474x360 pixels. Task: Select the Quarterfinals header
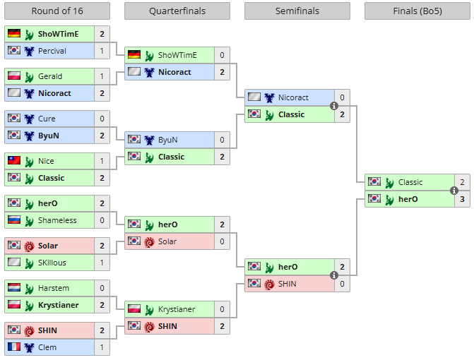(x=177, y=11)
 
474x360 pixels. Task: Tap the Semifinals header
(x=297, y=11)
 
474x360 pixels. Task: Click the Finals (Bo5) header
(x=417, y=11)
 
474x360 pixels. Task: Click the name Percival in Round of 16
(x=52, y=51)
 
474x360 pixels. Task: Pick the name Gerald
(x=51, y=76)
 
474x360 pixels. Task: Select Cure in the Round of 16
(x=47, y=119)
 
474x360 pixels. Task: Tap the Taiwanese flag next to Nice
(x=13, y=161)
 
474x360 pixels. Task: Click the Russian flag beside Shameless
(x=13, y=220)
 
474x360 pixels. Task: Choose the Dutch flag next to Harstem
(x=13, y=288)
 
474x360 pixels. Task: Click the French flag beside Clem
(x=13, y=347)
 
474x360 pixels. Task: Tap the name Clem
(x=48, y=347)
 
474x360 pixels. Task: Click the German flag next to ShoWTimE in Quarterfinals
(x=134, y=55)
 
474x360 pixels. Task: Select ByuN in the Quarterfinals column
(x=168, y=140)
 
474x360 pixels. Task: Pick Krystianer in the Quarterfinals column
(x=177, y=309)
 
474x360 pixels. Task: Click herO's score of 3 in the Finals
(x=462, y=199)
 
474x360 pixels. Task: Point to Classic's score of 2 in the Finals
(x=462, y=182)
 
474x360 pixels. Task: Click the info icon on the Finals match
(x=454, y=191)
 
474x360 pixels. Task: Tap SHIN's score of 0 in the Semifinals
(x=342, y=284)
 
